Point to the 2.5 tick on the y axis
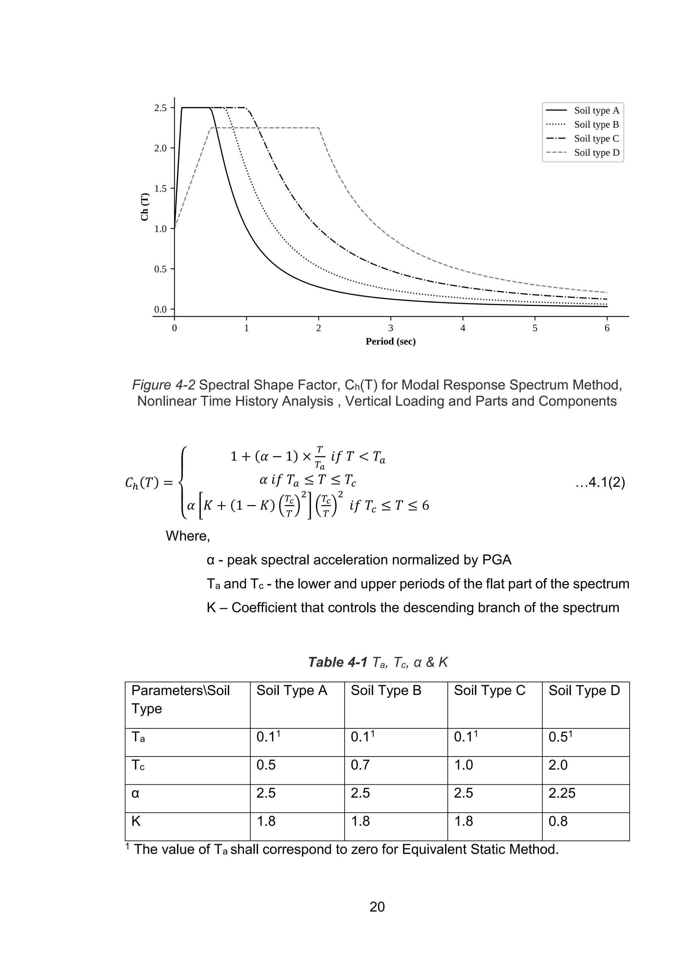point(161,108)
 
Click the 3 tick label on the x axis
point(391,328)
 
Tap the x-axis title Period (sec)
point(391,342)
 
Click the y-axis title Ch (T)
point(145,207)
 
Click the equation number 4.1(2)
point(600,483)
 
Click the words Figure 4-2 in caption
point(164,385)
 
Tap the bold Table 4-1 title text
point(338,662)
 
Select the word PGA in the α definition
point(497,560)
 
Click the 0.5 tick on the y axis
point(161,269)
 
